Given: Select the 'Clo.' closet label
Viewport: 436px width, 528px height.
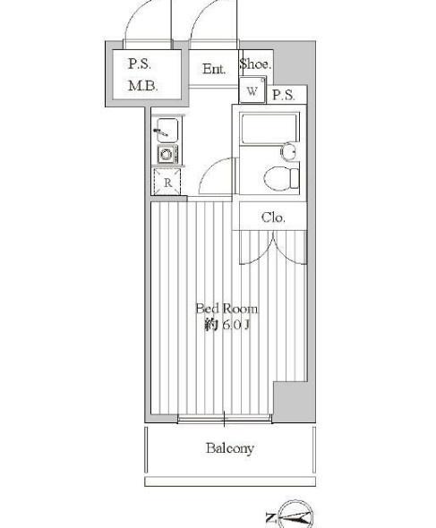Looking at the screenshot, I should pyautogui.click(x=273, y=217).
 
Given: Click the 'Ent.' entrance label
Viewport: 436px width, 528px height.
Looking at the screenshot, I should pyautogui.click(x=214, y=70).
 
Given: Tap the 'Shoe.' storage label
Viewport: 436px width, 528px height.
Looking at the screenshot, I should pyautogui.click(x=255, y=65).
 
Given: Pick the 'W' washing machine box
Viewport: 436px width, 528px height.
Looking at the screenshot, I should pyautogui.click(x=252, y=91).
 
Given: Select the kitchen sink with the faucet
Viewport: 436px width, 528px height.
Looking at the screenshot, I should pyautogui.click(x=167, y=132).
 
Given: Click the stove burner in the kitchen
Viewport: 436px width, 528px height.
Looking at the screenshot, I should pyautogui.click(x=167, y=154).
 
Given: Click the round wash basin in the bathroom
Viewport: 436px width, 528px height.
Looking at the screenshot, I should pyautogui.click(x=288, y=150).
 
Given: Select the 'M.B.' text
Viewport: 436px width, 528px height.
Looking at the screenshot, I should pyautogui.click(x=142, y=86).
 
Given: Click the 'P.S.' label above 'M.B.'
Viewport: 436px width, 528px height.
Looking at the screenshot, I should pyautogui.click(x=140, y=64).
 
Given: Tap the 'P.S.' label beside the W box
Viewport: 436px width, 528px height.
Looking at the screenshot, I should pyautogui.click(x=285, y=95).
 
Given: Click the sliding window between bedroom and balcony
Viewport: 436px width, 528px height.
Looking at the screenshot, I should pyautogui.click(x=224, y=418).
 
